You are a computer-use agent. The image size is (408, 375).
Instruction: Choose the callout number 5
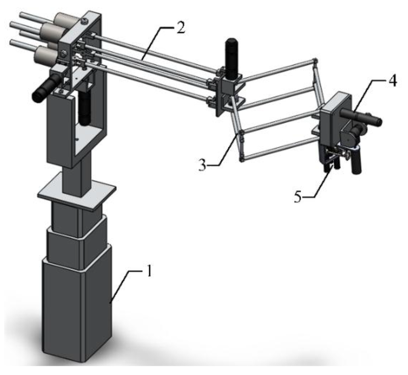tap(298, 197)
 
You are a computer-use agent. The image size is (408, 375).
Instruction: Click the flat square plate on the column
tap(76, 191)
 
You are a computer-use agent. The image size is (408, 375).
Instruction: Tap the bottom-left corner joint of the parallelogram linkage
tap(241, 159)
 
